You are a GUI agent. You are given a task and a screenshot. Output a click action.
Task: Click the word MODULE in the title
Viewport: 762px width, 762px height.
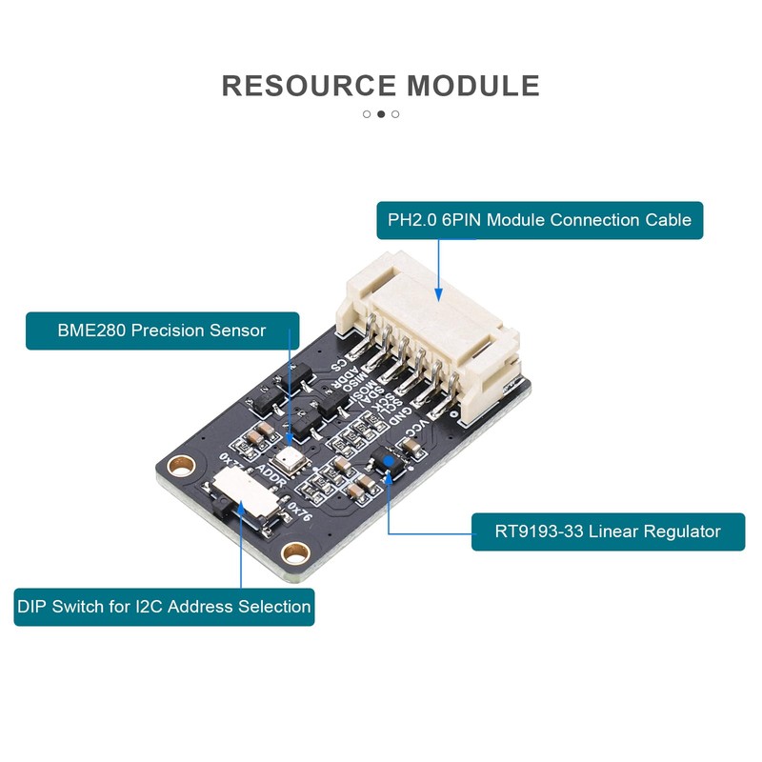pos(473,86)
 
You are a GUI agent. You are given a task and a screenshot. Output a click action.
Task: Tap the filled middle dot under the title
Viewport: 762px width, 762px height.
pos(381,114)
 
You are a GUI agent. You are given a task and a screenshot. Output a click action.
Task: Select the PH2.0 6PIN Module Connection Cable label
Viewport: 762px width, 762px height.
pos(539,220)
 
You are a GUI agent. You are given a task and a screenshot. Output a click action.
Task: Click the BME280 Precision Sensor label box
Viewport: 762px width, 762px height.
pos(162,331)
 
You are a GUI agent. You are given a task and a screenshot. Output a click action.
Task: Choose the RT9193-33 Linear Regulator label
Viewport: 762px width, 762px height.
pos(608,531)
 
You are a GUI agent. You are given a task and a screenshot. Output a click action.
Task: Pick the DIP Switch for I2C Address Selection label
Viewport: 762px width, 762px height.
pos(164,606)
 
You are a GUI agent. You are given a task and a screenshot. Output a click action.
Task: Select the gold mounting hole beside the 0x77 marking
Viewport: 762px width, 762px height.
pos(177,468)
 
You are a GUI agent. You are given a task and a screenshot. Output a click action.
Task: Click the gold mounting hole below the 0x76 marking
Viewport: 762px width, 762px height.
pos(297,552)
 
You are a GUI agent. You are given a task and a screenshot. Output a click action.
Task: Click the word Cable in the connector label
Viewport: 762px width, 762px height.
pos(666,220)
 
